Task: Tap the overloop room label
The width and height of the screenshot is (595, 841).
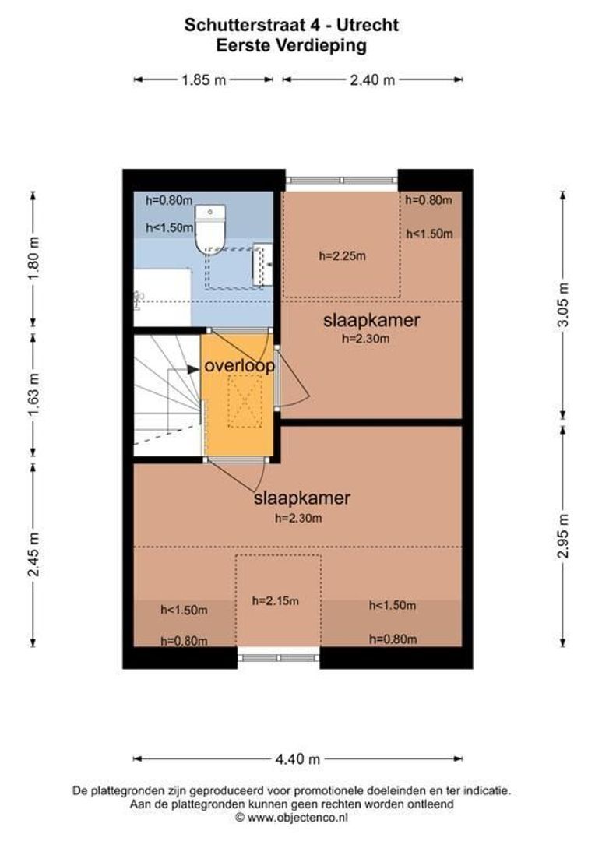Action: point(239,366)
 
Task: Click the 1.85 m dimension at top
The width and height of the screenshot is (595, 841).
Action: point(203,79)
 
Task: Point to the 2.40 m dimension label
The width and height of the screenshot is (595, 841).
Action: point(371,79)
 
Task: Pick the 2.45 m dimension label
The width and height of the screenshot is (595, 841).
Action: point(33,554)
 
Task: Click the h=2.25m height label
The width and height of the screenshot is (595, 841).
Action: point(343,255)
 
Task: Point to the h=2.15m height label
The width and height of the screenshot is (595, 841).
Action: point(275,600)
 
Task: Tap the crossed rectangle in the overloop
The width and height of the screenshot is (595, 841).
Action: point(245,401)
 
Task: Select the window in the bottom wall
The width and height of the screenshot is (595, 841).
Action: point(278,657)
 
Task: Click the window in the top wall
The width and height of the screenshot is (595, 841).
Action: point(341,181)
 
